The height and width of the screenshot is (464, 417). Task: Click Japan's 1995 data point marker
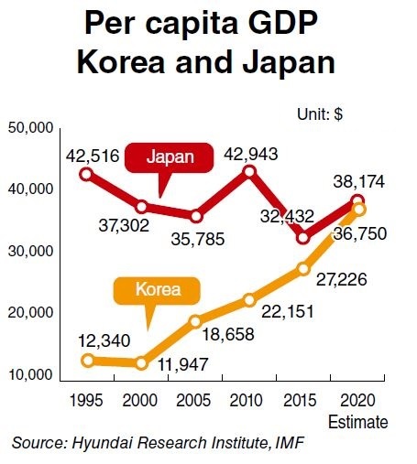[x=87, y=175]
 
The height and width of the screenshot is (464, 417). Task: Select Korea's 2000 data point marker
[x=141, y=363]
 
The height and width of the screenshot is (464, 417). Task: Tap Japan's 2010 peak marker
[x=249, y=172]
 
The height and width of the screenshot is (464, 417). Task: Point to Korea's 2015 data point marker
[x=303, y=269]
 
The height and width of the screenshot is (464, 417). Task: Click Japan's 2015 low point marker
[x=303, y=238]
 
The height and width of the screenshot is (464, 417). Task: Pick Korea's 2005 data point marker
[x=195, y=321]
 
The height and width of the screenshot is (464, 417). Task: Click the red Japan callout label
[x=170, y=157]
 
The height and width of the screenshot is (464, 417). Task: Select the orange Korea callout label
[x=157, y=290]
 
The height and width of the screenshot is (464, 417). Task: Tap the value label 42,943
[x=251, y=154]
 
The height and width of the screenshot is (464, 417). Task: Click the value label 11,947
[x=182, y=364]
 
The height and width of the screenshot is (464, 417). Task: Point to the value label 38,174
[x=359, y=182]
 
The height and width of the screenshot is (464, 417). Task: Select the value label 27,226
[x=341, y=280]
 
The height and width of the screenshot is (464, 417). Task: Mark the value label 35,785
[x=198, y=239]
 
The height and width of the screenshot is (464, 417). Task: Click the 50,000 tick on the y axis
[x=30, y=128]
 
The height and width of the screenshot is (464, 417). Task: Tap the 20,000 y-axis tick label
[x=30, y=313]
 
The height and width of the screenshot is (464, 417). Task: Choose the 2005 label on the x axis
[x=193, y=400]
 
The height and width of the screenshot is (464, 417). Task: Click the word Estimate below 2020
[x=358, y=423]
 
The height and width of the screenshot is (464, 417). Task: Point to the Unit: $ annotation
[x=320, y=114]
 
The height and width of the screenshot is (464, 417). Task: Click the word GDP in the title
[x=282, y=23]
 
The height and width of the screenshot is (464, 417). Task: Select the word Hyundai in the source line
[x=103, y=443]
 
